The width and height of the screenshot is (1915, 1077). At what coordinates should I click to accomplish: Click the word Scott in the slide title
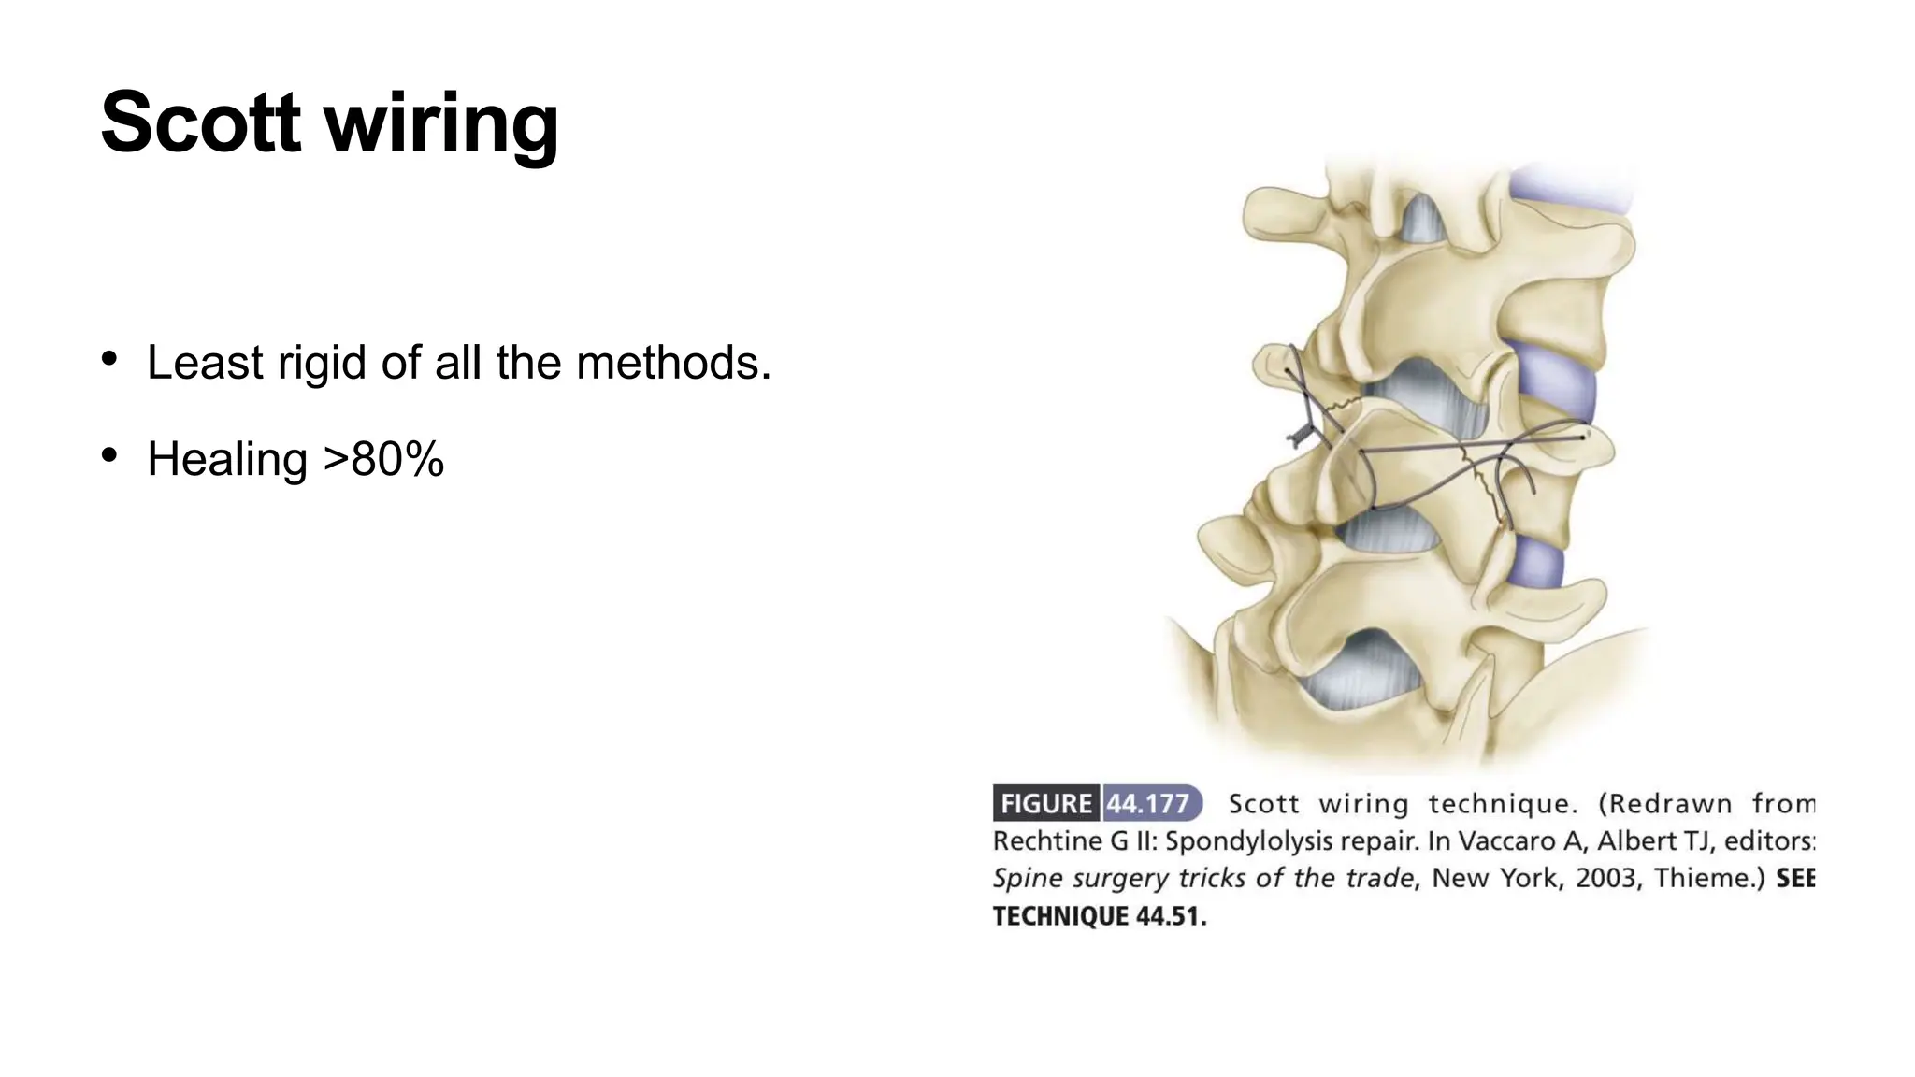(200, 122)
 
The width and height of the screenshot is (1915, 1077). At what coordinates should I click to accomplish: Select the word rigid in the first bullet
(322, 363)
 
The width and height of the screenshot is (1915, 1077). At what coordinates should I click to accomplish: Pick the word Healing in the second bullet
(227, 460)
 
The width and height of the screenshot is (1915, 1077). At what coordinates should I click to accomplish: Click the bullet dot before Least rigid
(109, 359)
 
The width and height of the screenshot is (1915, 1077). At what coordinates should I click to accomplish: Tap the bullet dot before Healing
(109, 455)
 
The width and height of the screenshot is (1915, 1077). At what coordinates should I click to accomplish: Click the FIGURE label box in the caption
(1046, 803)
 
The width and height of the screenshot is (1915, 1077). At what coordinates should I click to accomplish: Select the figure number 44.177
(1147, 803)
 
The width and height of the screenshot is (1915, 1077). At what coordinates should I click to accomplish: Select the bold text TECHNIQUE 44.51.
(1100, 916)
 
